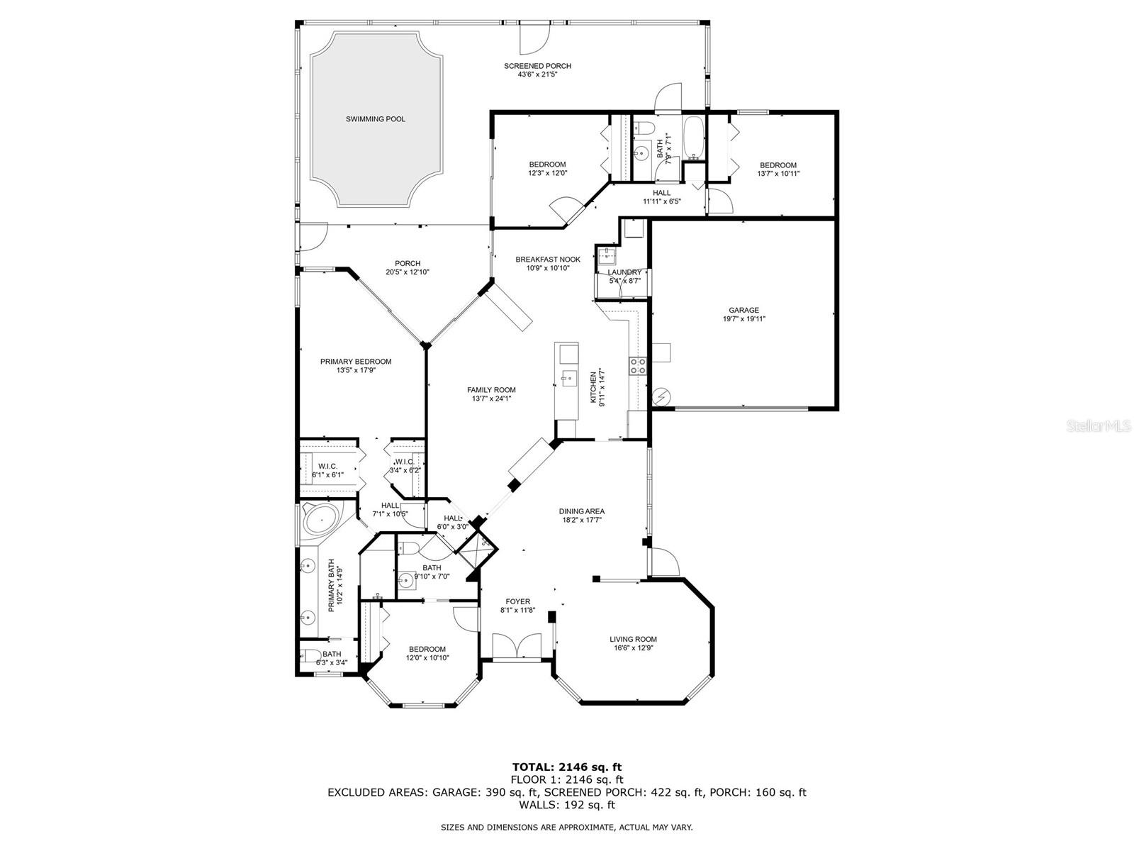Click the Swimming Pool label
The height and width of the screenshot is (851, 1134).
pos(375,119)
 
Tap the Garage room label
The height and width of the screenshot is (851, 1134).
pos(744,310)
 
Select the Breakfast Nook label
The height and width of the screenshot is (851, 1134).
pos(548,260)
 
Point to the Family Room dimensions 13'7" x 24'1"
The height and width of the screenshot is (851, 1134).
pos(491,399)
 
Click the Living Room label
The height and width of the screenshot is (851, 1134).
pos(633,639)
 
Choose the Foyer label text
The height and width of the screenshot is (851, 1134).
pos(517,601)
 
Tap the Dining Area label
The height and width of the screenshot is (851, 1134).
pos(582,511)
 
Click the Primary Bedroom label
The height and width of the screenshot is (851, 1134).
pos(356,362)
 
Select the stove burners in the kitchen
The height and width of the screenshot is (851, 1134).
pos(637,366)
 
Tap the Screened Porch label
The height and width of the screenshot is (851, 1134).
pos(537,66)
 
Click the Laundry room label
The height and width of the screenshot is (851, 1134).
pos(624,272)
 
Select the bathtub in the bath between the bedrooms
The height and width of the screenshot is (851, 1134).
pos(693,138)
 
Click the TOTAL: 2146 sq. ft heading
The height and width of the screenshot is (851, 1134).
pos(567,767)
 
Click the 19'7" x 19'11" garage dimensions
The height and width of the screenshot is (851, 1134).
pos(744,319)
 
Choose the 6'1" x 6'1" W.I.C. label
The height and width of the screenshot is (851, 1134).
pos(327,474)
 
